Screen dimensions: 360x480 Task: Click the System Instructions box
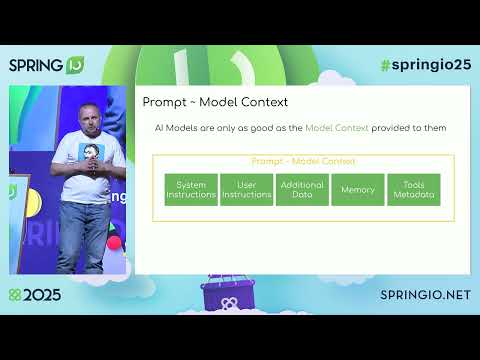coord(191,189)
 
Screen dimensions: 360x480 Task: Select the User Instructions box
coord(246,189)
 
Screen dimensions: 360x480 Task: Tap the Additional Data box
coord(302,189)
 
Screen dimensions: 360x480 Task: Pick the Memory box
coord(357,189)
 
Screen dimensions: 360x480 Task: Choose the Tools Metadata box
coord(413,189)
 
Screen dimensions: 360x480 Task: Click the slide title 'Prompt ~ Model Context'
coord(215,102)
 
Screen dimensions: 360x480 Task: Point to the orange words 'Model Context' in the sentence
coord(339,128)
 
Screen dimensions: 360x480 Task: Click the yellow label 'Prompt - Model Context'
coord(303,161)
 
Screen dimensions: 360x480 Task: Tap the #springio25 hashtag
coord(424,65)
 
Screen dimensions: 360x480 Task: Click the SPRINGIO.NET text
coord(425,296)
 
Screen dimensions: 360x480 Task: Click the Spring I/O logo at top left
coord(46,66)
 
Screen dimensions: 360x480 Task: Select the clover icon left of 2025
coord(14,297)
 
